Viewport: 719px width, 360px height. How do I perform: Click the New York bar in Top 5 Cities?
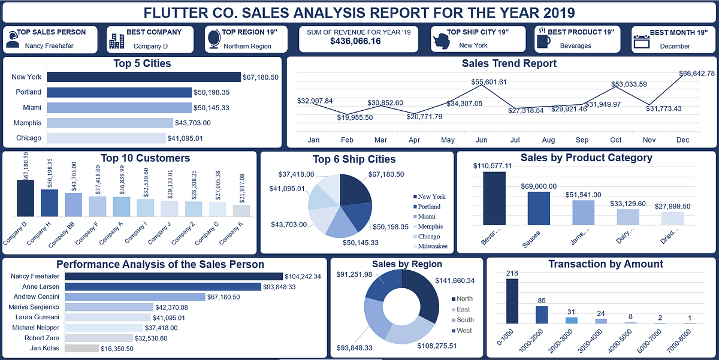pyautogui.click(x=144, y=77)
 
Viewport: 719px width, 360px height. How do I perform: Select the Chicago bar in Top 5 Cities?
pyautogui.click(x=106, y=138)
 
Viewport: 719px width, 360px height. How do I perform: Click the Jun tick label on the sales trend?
pyautogui.click(x=481, y=140)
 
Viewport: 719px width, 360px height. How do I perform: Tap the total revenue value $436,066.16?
pyautogui.click(x=355, y=41)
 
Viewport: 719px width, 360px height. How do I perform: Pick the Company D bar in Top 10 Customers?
pyautogui.click(x=25, y=198)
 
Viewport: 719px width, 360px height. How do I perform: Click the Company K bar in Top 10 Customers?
pyautogui.click(x=241, y=210)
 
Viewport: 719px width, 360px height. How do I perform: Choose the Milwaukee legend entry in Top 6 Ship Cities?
pyautogui.click(x=431, y=246)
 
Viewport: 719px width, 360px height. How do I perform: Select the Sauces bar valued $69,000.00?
pyautogui.click(x=539, y=208)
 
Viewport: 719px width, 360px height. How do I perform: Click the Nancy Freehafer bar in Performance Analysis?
pyautogui.click(x=173, y=276)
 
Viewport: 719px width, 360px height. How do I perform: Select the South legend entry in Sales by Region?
pyautogui.click(x=464, y=320)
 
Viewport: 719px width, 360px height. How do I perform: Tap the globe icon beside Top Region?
pyautogui.click(x=213, y=39)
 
